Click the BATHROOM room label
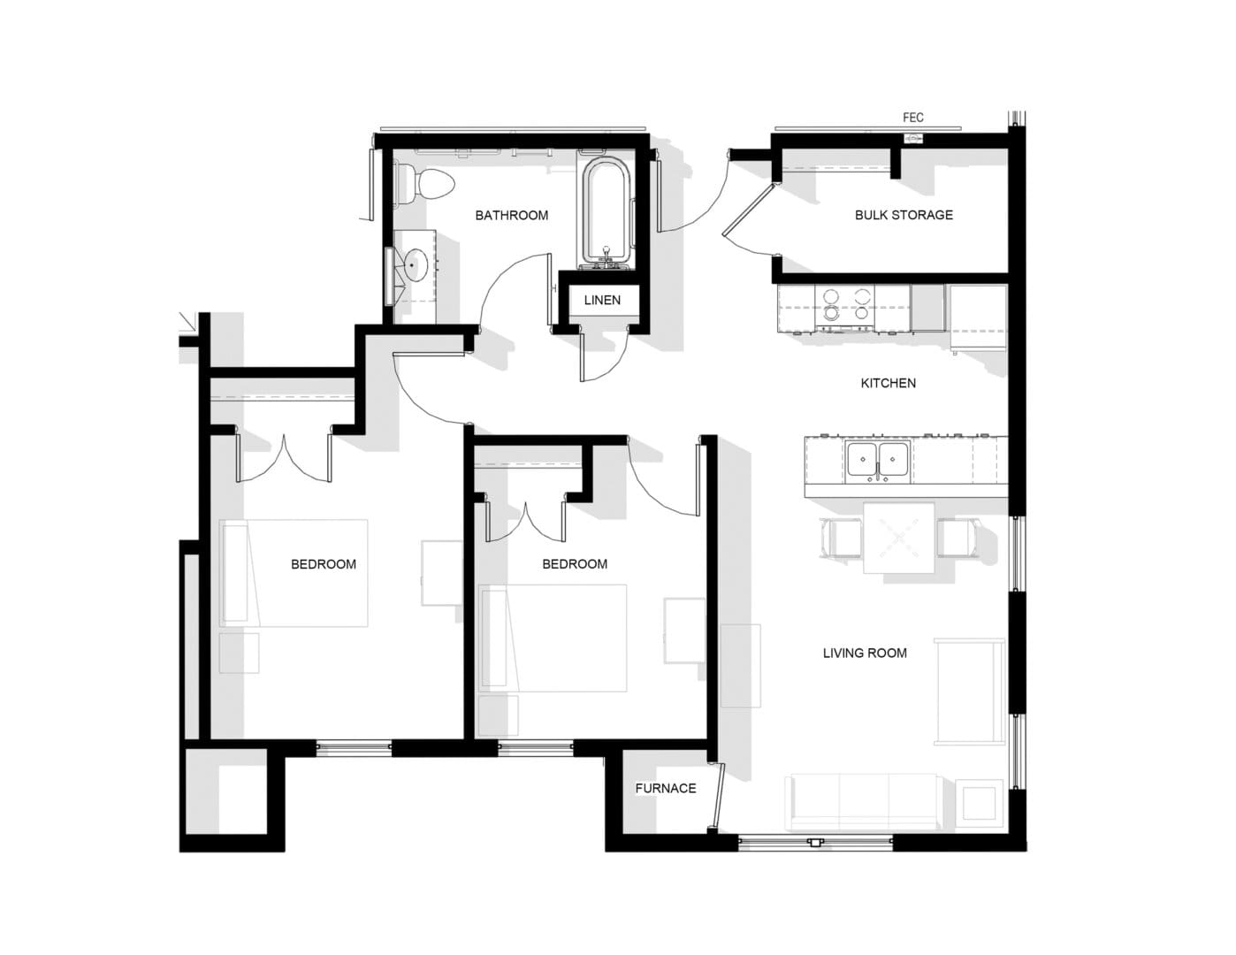[x=511, y=215]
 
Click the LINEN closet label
[x=602, y=301]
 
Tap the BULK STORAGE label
[x=904, y=215]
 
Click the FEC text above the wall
[x=912, y=118]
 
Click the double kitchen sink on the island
[x=877, y=461]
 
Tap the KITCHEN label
[x=888, y=383]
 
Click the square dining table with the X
[x=899, y=538]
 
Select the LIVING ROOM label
[x=864, y=653]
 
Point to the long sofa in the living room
[x=862, y=801]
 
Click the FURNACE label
[x=665, y=789]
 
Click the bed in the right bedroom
[x=555, y=638]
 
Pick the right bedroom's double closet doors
[x=526, y=522]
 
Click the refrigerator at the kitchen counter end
[x=976, y=315]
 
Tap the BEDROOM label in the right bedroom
[x=574, y=564]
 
